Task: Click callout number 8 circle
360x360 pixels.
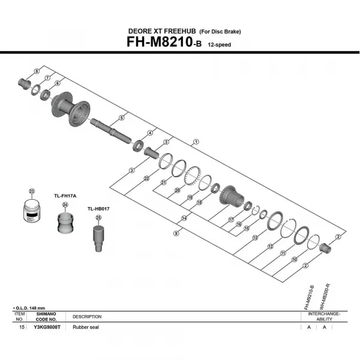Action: (37, 71)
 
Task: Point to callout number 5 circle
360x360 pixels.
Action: (122, 118)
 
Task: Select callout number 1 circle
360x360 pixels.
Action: (196, 142)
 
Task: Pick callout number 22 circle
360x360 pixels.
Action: (146, 178)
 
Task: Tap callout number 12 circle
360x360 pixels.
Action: (270, 247)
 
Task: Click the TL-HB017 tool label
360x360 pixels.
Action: (98, 209)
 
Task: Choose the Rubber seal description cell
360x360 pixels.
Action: (86, 328)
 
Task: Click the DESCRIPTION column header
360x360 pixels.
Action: (87, 317)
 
